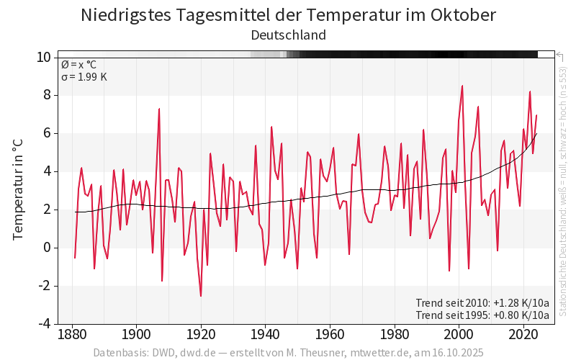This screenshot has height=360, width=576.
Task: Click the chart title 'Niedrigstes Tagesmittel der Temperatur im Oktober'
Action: click(x=288, y=15)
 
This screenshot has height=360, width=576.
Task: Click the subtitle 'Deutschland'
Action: click(x=288, y=35)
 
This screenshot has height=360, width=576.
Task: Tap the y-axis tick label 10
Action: click(x=43, y=57)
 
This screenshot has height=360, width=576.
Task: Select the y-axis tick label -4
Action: click(x=45, y=324)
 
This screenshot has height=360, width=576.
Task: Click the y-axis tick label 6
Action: click(x=47, y=133)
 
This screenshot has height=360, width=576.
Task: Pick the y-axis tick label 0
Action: click(x=47, y=248)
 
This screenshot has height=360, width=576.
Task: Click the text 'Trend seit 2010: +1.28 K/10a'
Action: click(x=482, y=302)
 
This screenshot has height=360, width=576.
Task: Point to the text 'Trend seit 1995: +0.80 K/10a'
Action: click(x=482, y=315)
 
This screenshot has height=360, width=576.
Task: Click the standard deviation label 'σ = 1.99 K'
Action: click(x=84, y=77)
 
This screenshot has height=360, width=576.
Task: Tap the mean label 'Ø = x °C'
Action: click(x=78, y=65)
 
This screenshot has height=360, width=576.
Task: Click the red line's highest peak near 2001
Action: click(x=462, y=86)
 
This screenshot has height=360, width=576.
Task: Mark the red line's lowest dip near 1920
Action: click(x=201, y=296)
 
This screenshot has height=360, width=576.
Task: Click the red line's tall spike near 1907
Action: click(x=159, y=109)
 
